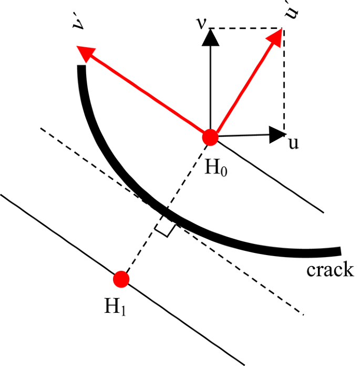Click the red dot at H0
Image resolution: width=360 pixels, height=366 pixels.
(210, 137)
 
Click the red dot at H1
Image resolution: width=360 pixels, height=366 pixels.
(121, 279)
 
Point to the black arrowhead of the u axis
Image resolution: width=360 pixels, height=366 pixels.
(276, 134)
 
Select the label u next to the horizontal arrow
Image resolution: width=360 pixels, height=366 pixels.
(293, 143)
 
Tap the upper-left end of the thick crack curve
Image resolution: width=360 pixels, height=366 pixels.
(81, 68)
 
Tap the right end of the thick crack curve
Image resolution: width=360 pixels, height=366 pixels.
(340, 251)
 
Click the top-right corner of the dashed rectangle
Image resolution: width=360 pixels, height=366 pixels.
(284, 28)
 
